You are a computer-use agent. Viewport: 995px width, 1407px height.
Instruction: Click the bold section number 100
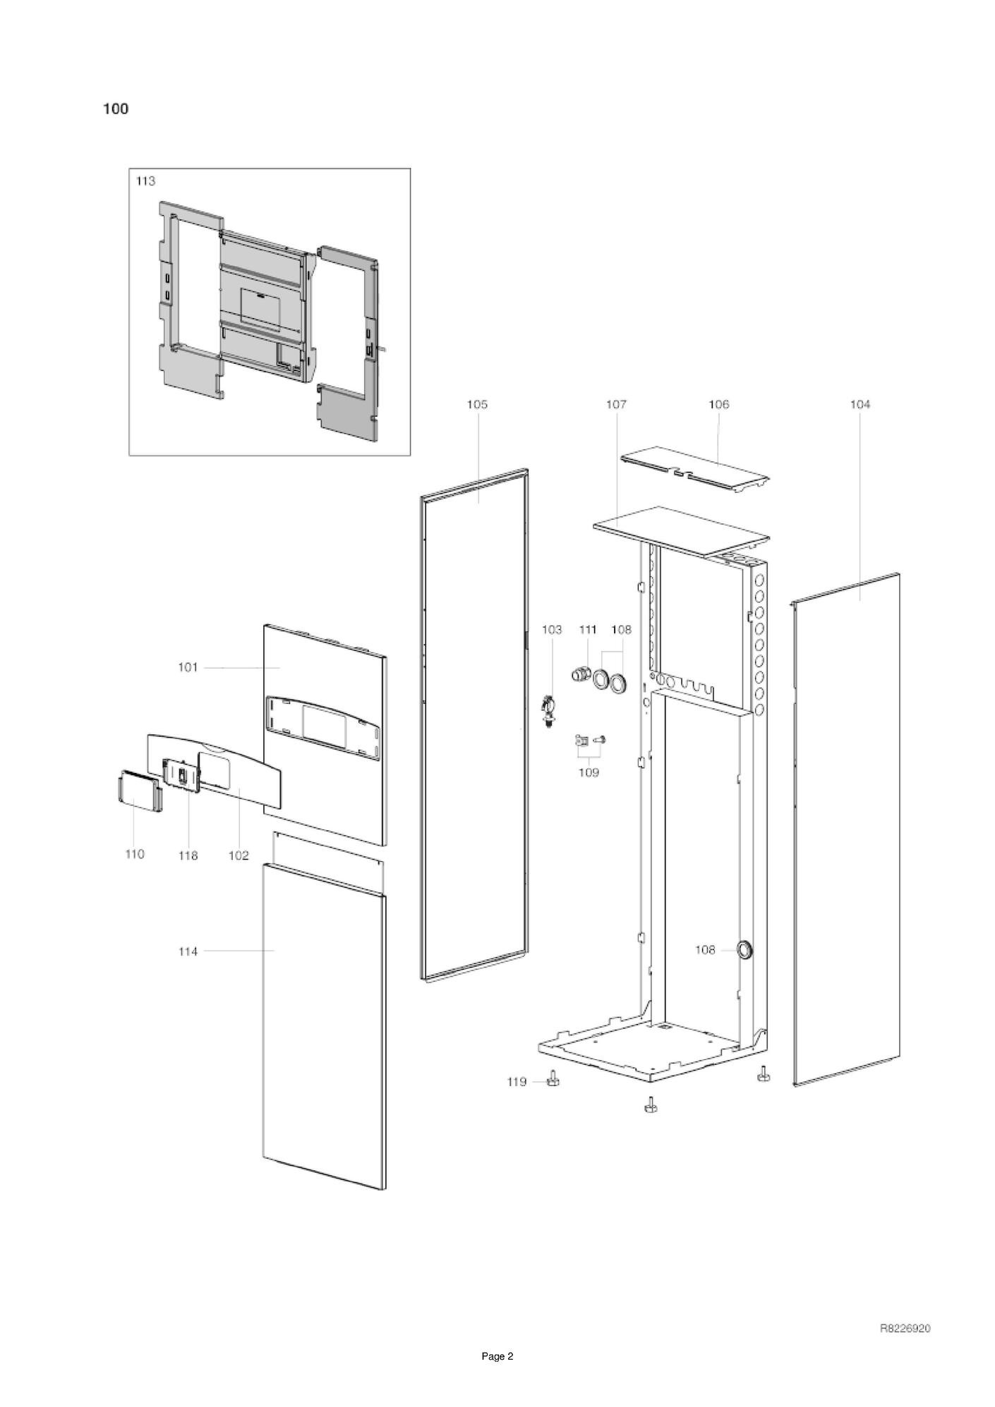pos(116,109)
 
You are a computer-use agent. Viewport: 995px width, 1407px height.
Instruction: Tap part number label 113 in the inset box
pos(145,181)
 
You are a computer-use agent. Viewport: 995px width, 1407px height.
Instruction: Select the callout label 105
pos(477,404)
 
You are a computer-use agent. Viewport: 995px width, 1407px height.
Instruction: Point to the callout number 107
pos(616,404)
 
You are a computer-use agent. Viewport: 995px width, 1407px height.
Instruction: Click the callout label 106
pos(718,404)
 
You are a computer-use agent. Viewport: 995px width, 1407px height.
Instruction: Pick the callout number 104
pos(860,404)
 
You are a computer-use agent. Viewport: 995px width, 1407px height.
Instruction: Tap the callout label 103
pos(552,629)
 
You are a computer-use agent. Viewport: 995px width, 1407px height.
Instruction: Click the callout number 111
pos(588,629)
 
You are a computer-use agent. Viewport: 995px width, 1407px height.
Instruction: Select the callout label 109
pos(589,772)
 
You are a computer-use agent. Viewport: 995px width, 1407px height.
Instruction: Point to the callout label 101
pos(188,667)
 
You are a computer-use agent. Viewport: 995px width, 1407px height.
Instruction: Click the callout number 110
pos(134,854)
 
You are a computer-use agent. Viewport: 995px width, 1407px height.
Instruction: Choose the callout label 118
pos(188,855)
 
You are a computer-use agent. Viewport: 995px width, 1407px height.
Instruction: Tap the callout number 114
pos(188,951)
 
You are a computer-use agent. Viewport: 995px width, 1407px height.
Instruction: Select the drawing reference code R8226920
pos(905,1329)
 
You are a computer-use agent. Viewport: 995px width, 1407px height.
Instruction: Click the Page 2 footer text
pos(497,1356)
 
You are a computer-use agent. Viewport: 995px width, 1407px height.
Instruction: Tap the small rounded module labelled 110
pos(139,791)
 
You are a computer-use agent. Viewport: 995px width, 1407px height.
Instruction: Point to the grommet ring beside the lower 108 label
pos(744,950)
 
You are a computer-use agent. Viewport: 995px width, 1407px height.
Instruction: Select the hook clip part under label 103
pos(548,712)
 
